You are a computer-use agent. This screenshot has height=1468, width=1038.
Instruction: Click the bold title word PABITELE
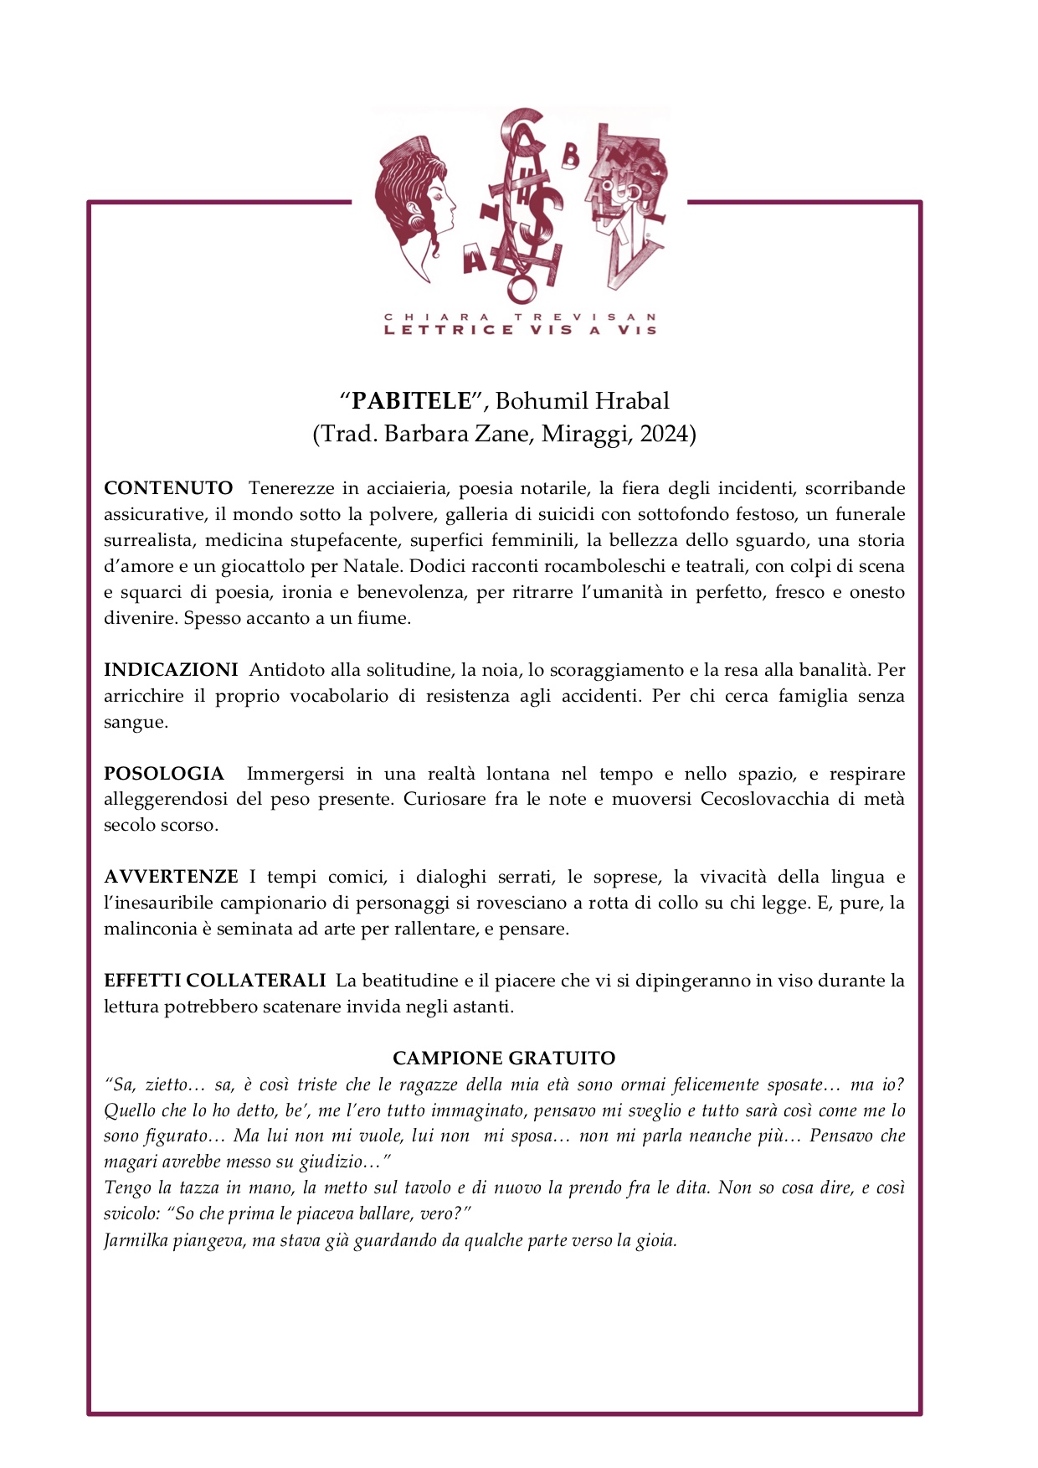(x=412, y=401)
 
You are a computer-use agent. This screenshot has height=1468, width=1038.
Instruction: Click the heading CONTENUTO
(x=168, y=488)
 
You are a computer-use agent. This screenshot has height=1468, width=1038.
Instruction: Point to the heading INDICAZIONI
(x=171, y=670)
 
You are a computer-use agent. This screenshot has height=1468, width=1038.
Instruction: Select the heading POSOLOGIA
(x=164, y=774)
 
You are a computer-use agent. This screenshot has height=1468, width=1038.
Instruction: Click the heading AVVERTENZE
(x=171, y=877)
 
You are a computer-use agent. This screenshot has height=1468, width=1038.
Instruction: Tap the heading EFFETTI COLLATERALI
(x=214, y=981)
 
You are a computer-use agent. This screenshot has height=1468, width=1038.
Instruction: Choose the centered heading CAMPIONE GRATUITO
(x=504, y=1059)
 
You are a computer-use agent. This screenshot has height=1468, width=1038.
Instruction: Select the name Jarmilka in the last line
(x=136, y=1241)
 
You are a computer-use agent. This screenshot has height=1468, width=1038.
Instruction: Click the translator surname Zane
(x=505, y=435)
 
